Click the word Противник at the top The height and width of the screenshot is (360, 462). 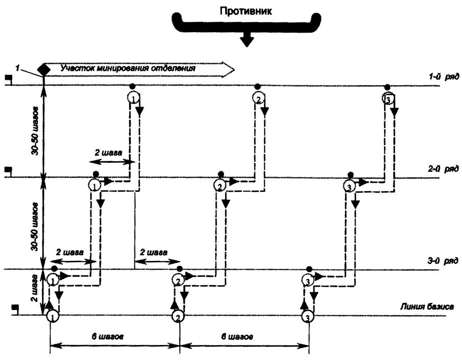246,11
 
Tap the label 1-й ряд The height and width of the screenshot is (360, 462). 444,76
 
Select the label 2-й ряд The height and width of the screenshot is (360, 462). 443,169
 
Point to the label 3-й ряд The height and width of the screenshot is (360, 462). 443,260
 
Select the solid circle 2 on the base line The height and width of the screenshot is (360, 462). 178,317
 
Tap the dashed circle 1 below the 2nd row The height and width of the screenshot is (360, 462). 94,185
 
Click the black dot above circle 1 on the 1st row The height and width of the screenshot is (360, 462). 132,86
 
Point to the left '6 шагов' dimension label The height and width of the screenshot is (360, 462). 108,337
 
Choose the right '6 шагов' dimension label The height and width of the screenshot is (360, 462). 237,337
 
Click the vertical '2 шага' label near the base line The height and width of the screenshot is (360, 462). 34,288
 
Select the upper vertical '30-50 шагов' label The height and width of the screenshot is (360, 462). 35,131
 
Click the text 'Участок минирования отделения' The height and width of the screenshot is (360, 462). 128,68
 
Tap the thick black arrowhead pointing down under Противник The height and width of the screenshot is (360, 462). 246,41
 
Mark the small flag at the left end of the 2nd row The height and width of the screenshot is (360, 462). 9,170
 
